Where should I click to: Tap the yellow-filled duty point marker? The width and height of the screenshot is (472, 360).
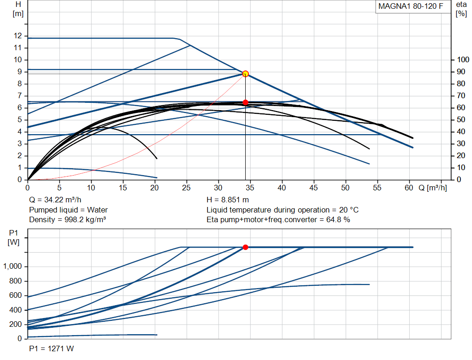pos(245,74)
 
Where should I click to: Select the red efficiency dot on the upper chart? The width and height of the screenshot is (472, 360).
pos(245,102)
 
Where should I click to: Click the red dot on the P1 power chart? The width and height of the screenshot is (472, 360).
pos(245,247)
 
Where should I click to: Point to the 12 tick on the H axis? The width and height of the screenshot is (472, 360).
pos(18,36)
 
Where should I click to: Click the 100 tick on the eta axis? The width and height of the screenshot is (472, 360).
pos(463,59)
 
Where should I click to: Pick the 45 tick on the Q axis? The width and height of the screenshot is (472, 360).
pos(313,188)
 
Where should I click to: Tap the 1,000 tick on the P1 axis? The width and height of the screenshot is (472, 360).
pos(12,266)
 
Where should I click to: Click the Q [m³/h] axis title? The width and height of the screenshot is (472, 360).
pos(432,188)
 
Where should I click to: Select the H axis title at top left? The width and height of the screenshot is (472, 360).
pos(18,9)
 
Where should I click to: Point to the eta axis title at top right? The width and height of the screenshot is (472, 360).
pos(461,9)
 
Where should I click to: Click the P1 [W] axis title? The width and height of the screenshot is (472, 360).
pos(13,237)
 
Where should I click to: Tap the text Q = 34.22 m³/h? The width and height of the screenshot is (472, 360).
pos(55,200)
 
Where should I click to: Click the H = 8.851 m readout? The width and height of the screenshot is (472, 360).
pos(228,200)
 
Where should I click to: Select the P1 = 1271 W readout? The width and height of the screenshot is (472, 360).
pos(52,348)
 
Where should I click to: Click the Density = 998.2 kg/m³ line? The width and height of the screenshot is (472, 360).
pos(67,220)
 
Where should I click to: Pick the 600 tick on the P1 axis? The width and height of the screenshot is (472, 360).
pos(15,295)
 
